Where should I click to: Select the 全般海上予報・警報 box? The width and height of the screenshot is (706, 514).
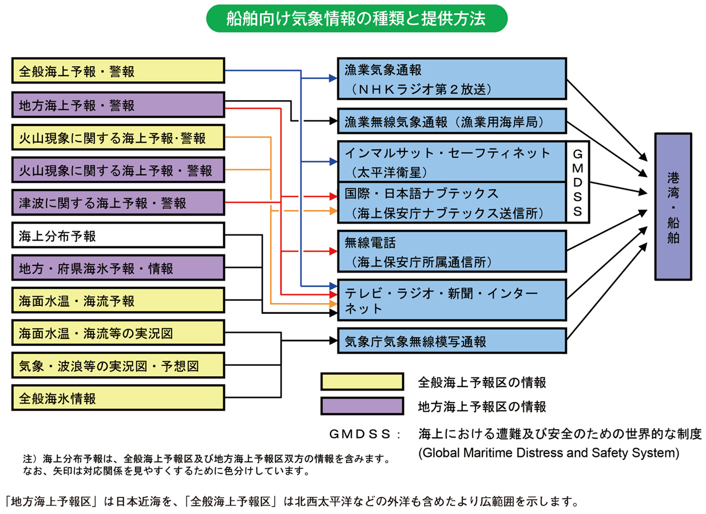tap(117, 72)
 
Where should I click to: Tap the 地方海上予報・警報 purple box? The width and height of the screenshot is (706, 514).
tap(117, 105)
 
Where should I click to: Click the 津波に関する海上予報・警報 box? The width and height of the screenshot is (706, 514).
tap(117, 203)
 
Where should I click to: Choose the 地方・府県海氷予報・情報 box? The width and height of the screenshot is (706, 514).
tap(117, 268)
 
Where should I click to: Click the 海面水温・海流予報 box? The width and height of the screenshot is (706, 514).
tap(117, 300)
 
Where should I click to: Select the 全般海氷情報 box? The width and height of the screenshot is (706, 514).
tap(117, 398)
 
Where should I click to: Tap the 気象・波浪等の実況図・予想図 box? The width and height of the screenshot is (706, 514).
tap(117, 365)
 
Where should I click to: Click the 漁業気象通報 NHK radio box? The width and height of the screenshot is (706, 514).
tap(451, 79)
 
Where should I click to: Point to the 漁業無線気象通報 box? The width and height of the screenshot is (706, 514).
tap(451, 121)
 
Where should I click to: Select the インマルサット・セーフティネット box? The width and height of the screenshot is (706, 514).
tap(451, 161)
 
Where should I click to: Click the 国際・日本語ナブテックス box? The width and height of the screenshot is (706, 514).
tap(451, 202)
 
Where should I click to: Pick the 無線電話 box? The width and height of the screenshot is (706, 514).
tap(451, 250)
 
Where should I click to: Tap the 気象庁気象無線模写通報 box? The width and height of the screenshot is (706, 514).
tap(451, 341)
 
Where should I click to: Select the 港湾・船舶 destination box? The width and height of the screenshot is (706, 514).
tap(673, 206)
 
